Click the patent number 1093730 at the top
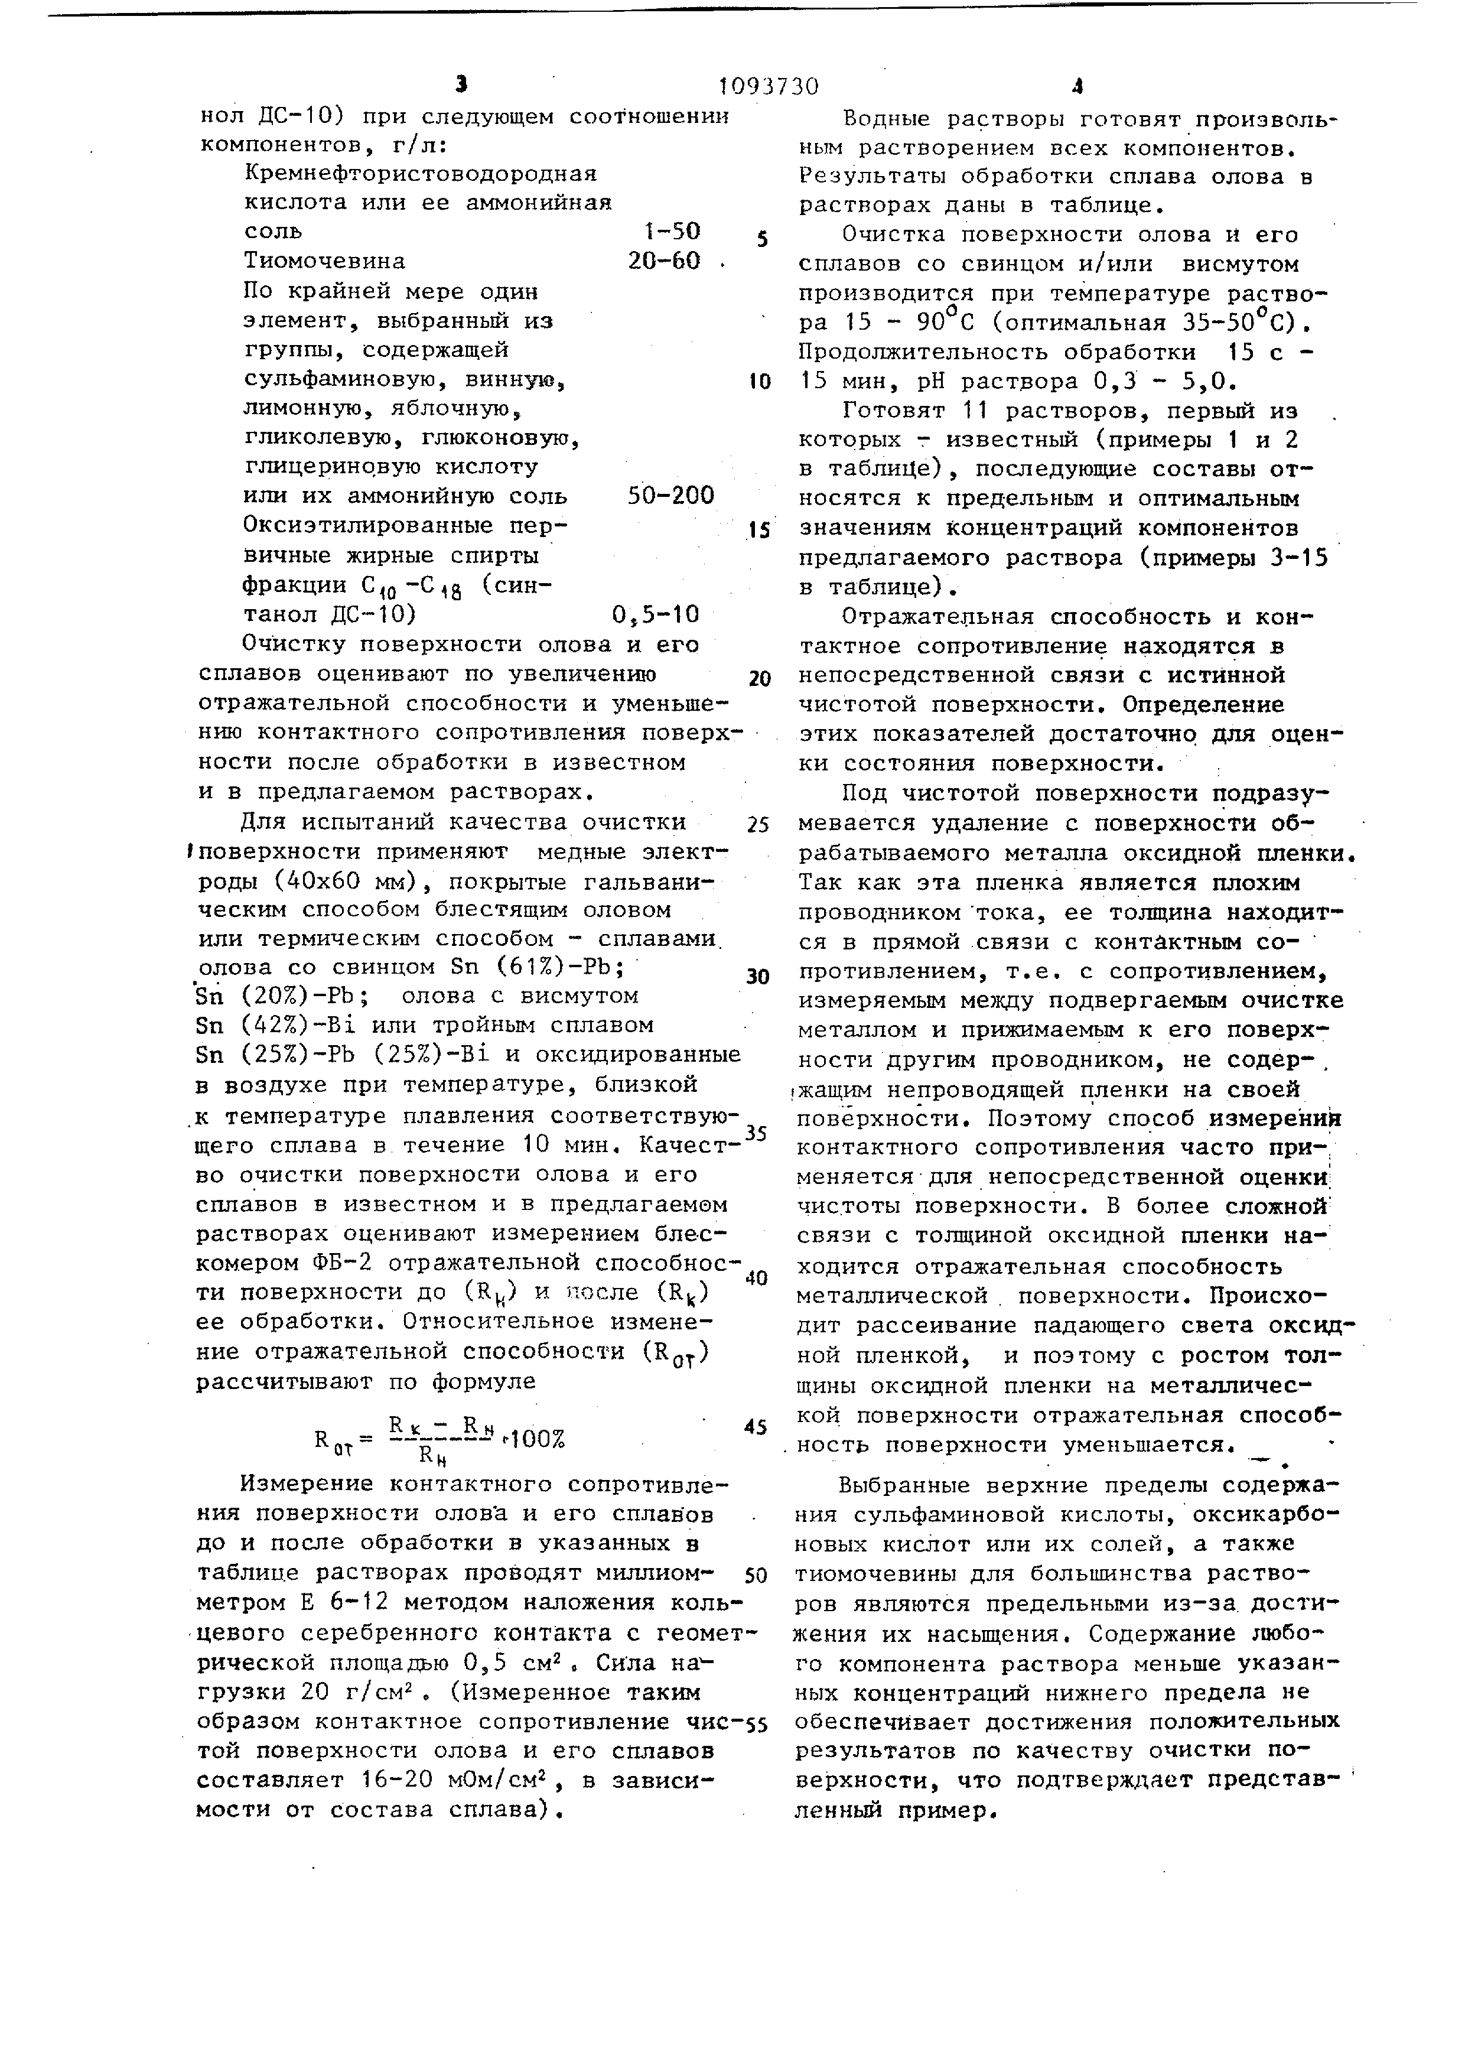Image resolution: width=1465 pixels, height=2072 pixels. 769,87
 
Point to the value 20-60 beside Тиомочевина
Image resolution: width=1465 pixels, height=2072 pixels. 664,261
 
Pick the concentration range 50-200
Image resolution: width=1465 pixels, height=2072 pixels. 670,495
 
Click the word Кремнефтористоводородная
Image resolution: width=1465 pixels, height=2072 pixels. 421,173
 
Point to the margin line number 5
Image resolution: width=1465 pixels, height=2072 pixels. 762,240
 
